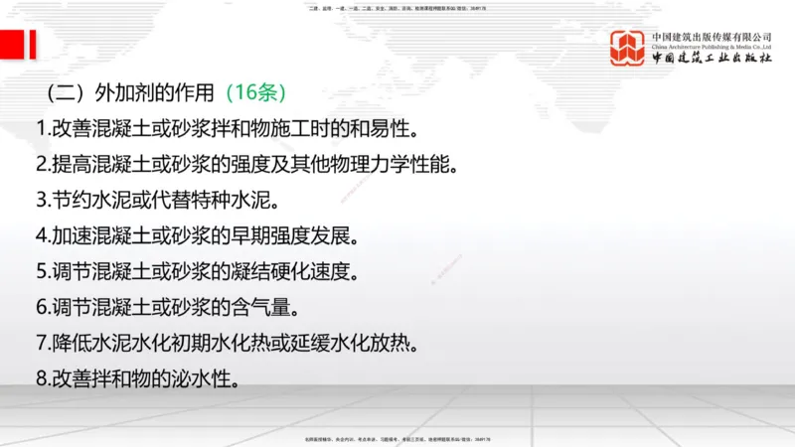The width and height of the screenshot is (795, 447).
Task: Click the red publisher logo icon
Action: (x=627, y=47)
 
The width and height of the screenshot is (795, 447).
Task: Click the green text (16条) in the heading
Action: (x=255, y=93)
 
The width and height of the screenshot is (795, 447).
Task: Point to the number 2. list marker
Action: (x=42, y=164)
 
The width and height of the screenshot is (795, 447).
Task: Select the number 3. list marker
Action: (x=42, y=200)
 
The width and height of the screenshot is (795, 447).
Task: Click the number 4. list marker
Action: (x=42, y=235)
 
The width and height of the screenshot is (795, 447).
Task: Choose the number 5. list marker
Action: (x=42, y=271)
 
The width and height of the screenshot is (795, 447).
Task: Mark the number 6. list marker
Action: (x=42, y=307)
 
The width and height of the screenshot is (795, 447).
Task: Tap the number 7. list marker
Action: (x=42, y=343)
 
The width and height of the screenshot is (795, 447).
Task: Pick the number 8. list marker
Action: (x=42, y=378)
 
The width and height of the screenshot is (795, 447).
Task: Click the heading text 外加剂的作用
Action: (x=154, y=93)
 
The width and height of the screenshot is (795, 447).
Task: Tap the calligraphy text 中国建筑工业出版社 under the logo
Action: (x=711, y=59)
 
